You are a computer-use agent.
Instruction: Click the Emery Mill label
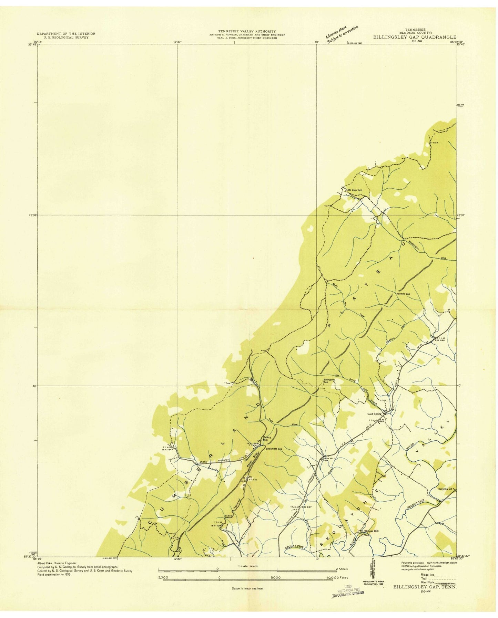tap(267, 439)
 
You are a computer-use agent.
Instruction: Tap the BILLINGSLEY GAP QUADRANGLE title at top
tap(415, 37)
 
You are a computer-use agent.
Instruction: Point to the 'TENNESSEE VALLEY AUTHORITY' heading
tap(246, 31)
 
